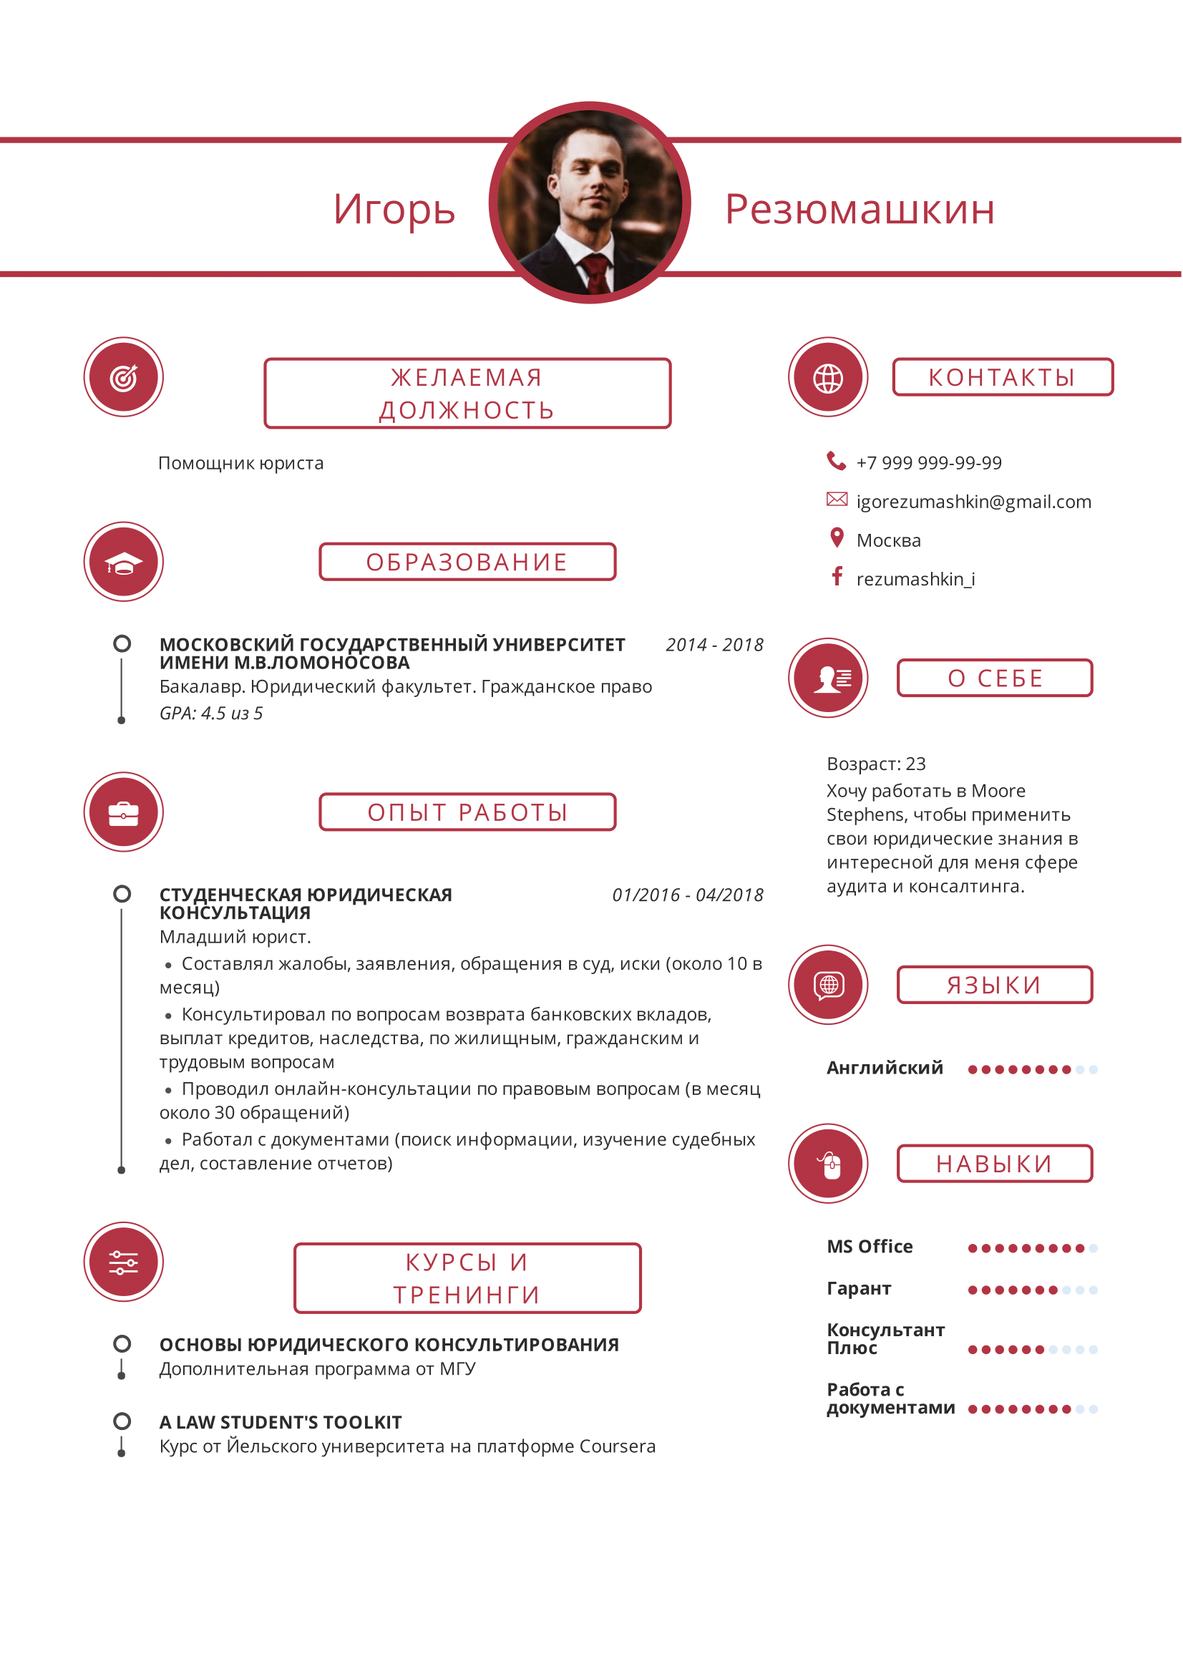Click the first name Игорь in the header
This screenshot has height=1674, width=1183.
point(394,210)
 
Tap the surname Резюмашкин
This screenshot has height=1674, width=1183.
point(860,210)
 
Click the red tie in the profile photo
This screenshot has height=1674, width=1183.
point(596,273)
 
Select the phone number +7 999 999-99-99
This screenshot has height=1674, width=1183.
point(929,463)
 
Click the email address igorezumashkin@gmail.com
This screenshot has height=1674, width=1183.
point(973,502)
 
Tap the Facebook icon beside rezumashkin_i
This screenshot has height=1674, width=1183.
point(837,577)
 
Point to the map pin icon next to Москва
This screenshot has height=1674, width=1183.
point(837,538)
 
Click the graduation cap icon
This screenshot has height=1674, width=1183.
point(123,562)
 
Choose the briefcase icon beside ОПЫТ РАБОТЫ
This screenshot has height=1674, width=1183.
point(123,812)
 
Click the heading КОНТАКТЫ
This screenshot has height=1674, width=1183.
point(1002,378)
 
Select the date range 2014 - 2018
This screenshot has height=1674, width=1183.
point(714,646)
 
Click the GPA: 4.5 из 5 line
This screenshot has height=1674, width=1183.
point(210,714)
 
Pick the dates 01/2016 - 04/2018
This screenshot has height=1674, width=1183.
point(687,895)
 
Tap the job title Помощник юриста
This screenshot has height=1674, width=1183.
point(240,464)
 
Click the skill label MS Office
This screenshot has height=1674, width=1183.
point(870,1247)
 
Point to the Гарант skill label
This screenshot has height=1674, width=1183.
point(859,1289)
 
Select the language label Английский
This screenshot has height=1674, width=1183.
point(884,1068)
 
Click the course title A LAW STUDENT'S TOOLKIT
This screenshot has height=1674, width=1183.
point(281,1423)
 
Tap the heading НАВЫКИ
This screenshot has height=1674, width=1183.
point(994,1164)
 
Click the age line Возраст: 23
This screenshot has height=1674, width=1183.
point(875,764)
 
